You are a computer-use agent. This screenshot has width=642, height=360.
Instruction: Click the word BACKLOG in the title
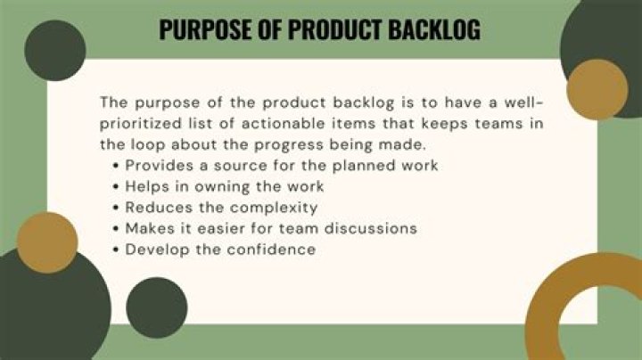(x=434, y=29)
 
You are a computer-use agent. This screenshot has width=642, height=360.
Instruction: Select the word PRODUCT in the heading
(x=334, y=29)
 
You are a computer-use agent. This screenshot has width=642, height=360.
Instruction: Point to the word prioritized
(x=141, y=124)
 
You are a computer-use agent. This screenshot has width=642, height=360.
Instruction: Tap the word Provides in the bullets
(x=160, y=165)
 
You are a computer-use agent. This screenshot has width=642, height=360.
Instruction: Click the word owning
(x=221, y=187)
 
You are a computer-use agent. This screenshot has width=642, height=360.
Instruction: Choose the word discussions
(x=371, y=228)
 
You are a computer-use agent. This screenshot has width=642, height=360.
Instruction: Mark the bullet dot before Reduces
(x=116, y=208)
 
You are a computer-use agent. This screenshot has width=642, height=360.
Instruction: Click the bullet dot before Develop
(x=116, y=250)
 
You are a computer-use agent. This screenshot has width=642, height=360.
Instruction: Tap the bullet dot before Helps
(x=116, y=187)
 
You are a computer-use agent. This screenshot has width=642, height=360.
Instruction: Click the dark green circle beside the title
(x=55, y=50)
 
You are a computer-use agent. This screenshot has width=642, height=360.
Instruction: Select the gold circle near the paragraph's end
(x=597, y=90)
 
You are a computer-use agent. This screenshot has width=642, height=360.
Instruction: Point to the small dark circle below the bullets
(x=157, y=307)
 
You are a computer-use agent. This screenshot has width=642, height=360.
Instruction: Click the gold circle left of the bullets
(x=47, y=242)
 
